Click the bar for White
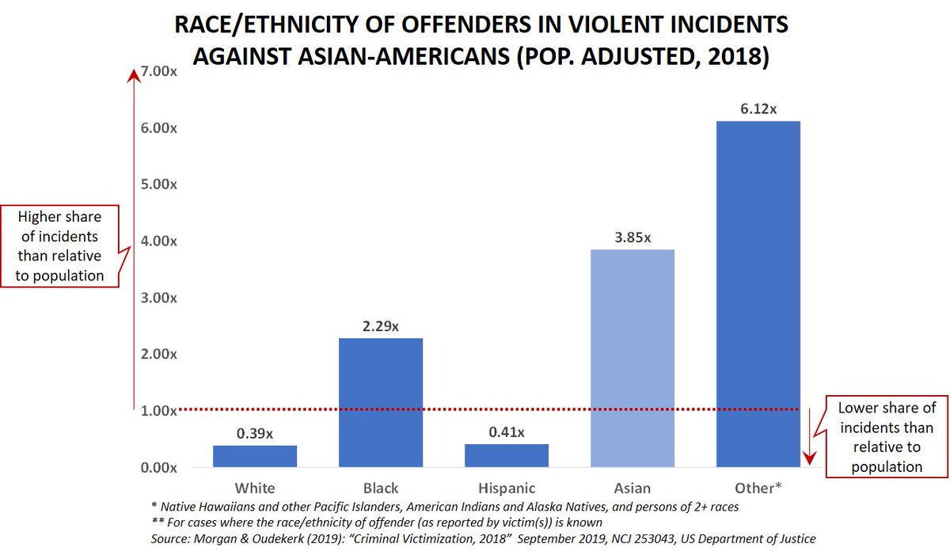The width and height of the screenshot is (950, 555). coord(255,456)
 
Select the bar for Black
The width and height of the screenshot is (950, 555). coord(381,402)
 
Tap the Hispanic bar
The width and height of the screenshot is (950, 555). coord(507,455)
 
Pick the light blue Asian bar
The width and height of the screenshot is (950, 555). coord(633,358)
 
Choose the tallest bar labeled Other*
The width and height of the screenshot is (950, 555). coord(758,294)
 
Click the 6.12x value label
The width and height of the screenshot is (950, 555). coord(758,109)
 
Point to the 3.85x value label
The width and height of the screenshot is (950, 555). coord(633,238)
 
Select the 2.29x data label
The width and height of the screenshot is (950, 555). coord(381,326)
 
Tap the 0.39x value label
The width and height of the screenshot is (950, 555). coord(255,433)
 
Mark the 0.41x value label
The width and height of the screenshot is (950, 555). coord(507,432)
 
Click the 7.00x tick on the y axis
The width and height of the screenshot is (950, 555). coord(158,71)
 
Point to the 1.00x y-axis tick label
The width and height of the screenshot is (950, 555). coord(158,410)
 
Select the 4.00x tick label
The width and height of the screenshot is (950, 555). coord(158,241)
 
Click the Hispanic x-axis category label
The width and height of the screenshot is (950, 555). coord(507,488)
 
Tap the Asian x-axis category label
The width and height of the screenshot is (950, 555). coord(633,488)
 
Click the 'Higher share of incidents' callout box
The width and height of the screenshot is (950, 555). coord(61,245)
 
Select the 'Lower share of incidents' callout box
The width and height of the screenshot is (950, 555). coord(887,437)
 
